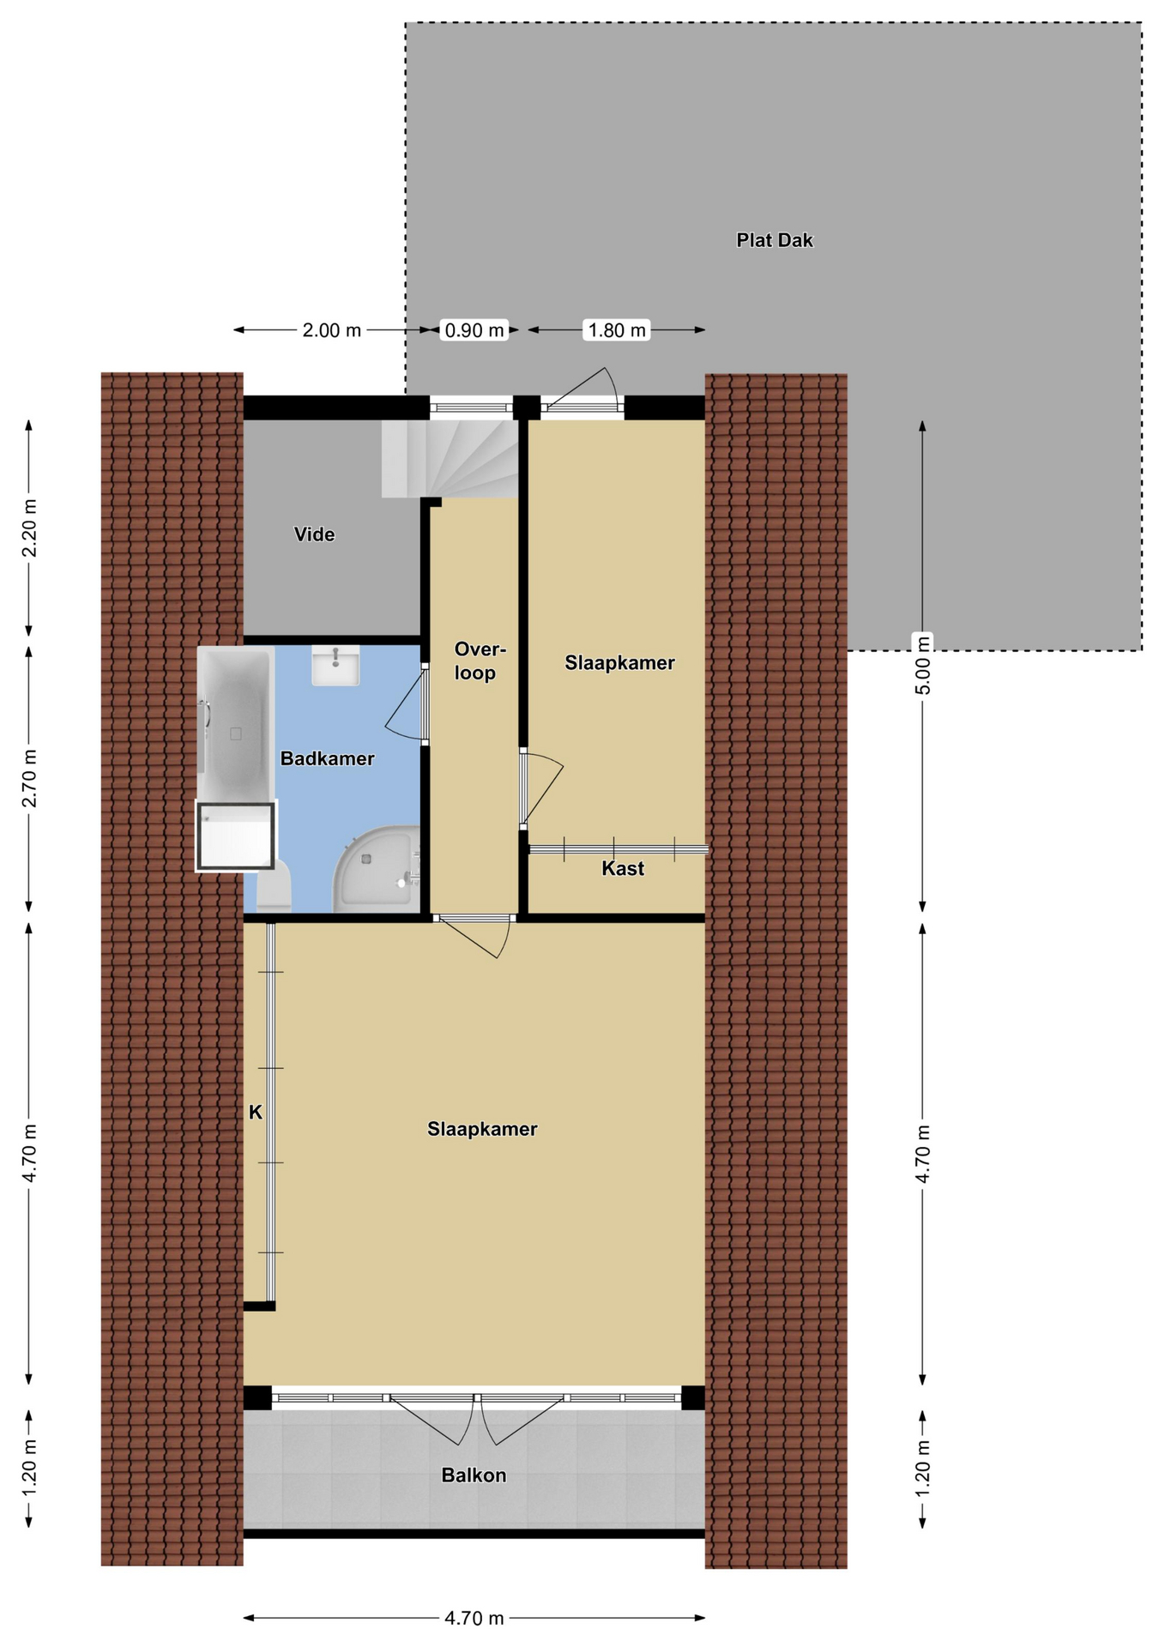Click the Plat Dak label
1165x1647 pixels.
pos(774,240)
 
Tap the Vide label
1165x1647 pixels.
pos(314,534)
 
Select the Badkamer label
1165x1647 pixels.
pos(327,758)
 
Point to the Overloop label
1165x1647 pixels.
pos(478,661)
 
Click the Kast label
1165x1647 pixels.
pos(622,868)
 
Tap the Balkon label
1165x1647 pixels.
pos(474,1475)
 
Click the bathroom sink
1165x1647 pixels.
pos(335,666)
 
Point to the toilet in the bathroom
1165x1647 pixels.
pos(275,887)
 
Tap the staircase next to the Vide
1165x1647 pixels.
pos(450,458)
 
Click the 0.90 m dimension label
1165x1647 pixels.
pos(474,330)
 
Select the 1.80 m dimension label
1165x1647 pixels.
pos(617,330)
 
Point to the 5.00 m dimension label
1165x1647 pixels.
pos(922,665)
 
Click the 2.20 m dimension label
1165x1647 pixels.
pos(29,528)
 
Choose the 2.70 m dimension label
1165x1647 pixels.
pos(29,778)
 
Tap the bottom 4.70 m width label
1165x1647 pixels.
pos(474,1618)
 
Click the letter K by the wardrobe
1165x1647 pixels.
pos(255,1113)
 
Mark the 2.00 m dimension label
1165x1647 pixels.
pos(332,330)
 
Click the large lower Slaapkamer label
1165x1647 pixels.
pos(482,1129)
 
